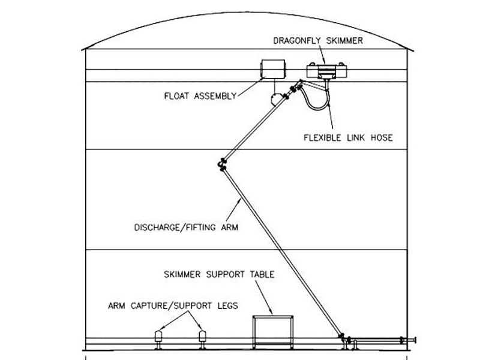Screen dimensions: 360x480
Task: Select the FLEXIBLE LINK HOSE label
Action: pyautogui.click(x=347, y=137)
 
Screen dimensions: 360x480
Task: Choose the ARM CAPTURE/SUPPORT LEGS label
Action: pyautogui.click(x=173, y=305)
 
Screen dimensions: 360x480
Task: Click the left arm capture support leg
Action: pyautogui.click(x=160, y=337)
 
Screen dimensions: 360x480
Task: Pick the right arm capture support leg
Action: pyautogui.click(x=203, y=337)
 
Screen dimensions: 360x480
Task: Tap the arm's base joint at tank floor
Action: pyautogui.click(x=342, y=338)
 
